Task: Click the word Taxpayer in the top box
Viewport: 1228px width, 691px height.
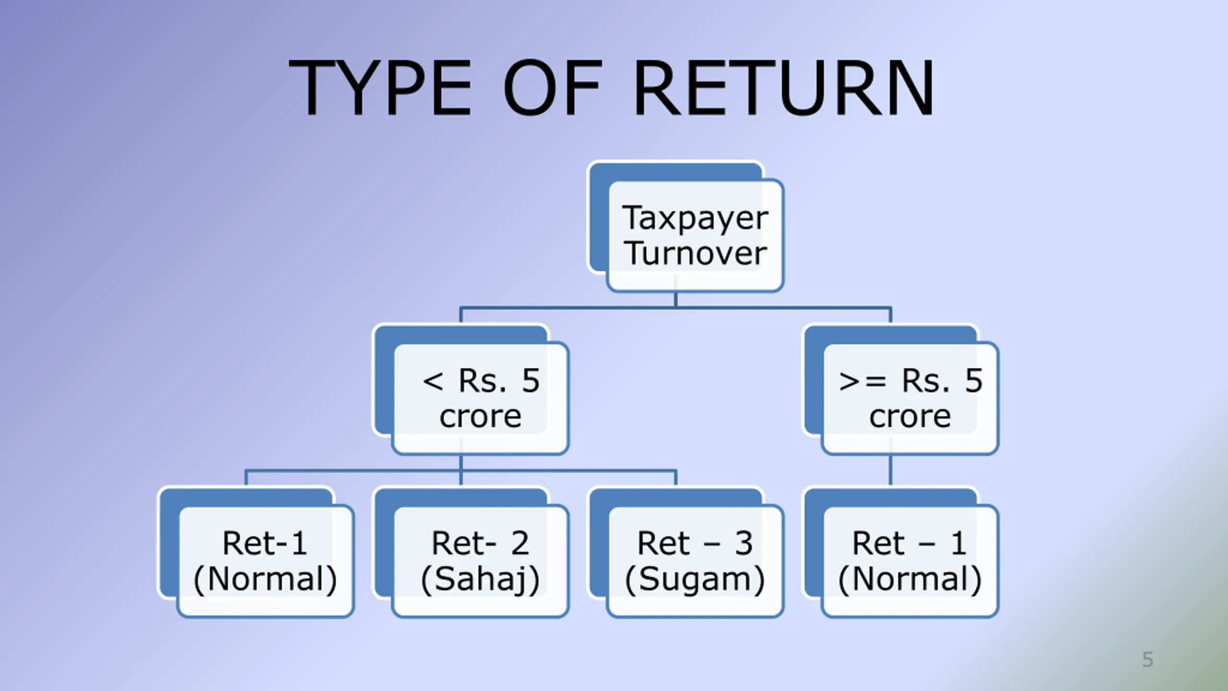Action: pyautogui.click(x=695, y=218)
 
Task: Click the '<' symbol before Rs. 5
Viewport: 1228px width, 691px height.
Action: pyautogui.click(x=433, y=382)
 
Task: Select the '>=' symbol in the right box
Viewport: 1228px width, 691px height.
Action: pyautogui.click(x=862, y=382)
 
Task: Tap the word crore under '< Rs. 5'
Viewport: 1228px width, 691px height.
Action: pyautogui.click(x=480, y=417)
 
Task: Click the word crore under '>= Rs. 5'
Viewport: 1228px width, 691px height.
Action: pyautogui.click(x=910, y=417)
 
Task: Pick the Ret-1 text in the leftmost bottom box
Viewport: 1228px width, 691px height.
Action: pyautogui.click(x=265, y=543)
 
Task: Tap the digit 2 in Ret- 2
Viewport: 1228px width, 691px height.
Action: pyautogui.click(x=520, y=543)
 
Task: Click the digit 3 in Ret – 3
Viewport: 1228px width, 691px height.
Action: pyautogui.click(x=744, y=543)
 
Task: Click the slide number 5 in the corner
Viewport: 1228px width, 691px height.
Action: pyautogui.click(x=1147, y=660)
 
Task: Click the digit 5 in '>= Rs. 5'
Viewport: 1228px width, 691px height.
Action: pyautogui.click(x=974, y=381)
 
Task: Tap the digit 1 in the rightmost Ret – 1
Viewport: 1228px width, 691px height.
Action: pyautogui.click(x=958, y=543)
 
